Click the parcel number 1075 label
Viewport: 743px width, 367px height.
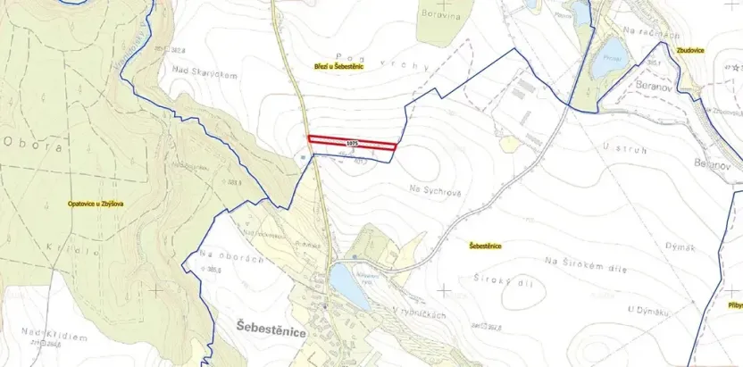(352, 143)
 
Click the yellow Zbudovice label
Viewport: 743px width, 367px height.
(690, 51)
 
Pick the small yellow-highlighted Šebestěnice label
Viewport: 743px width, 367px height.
(483, 245)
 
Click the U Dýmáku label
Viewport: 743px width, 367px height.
(647, 309)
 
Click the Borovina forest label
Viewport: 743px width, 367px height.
(441, 15)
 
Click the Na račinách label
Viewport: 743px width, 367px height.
(645, 32)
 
